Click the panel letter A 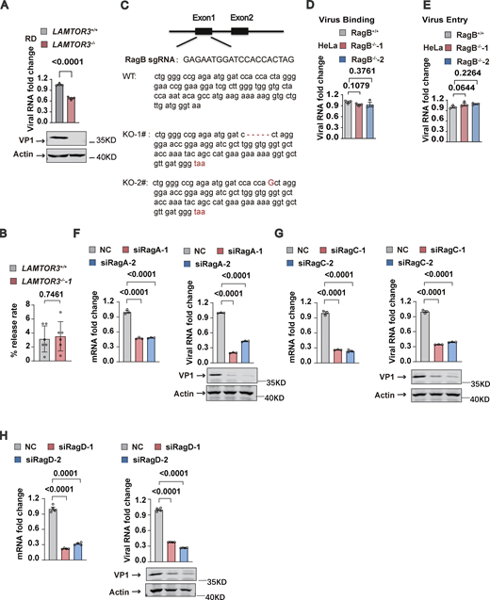tap(6, 8)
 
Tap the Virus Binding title tap(373, 8)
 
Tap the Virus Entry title tap(447, 8)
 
